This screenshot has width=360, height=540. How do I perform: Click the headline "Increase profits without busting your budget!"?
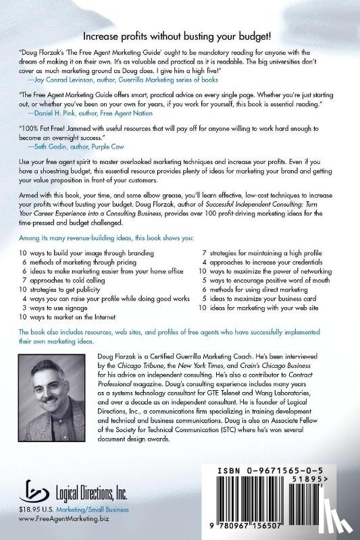click(180, 38)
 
